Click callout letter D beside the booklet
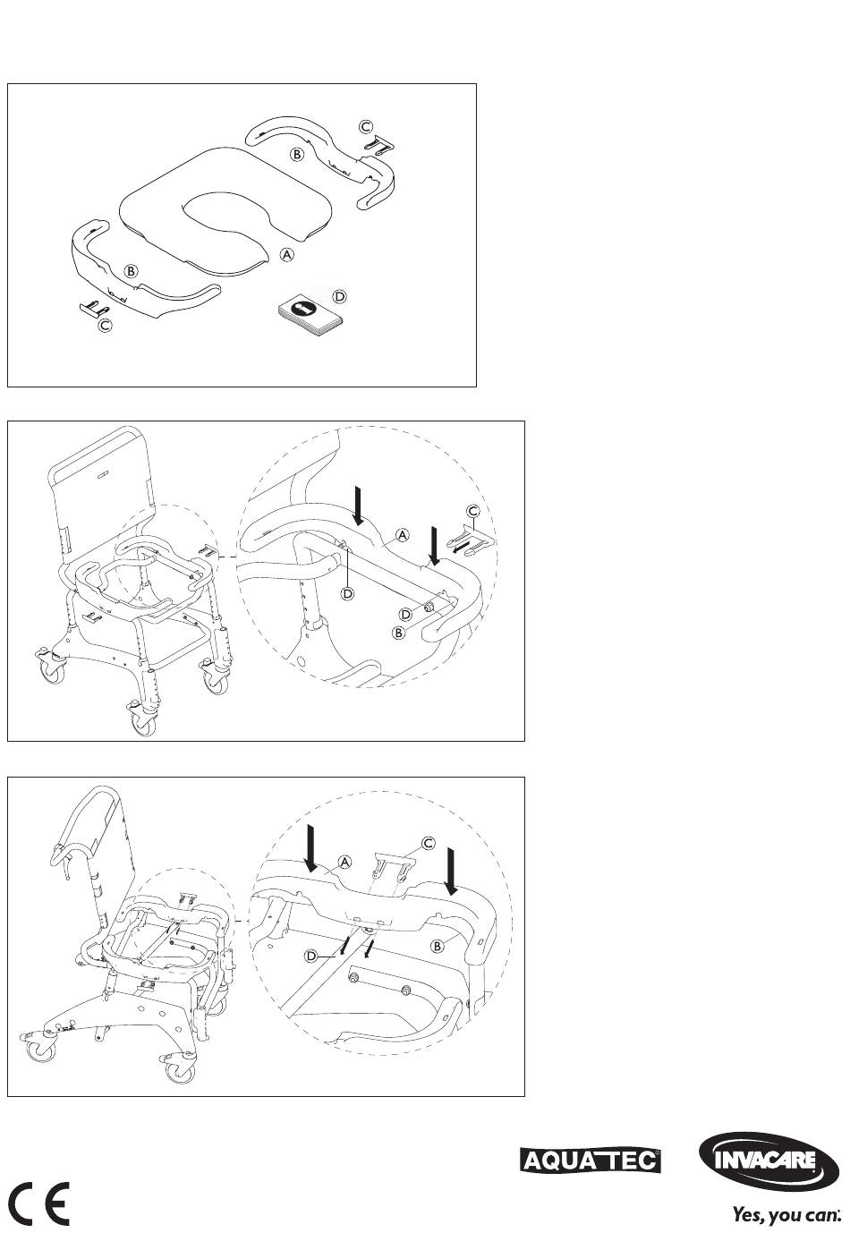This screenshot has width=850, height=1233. point(340,297)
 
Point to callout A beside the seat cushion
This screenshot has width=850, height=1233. point(287,255)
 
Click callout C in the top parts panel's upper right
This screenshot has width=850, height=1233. point(366,126)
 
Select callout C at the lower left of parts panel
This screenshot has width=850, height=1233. point(105,326)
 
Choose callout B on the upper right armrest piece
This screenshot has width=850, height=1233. point(297,154)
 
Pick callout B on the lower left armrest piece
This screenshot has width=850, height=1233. point(131,271)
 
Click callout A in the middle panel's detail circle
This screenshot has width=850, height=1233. point(404,534)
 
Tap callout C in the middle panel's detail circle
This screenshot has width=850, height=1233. point(473,512)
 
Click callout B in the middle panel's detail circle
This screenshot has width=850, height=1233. point(398,633)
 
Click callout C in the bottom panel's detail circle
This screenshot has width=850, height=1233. point(428,843)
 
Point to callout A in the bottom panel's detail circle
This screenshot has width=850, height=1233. point(344,862)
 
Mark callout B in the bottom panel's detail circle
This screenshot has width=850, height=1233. point(438,946)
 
